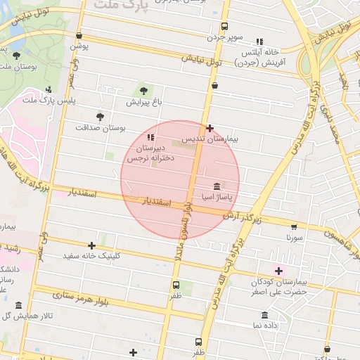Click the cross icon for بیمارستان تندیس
210,128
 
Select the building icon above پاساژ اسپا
216,188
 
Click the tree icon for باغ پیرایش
144,91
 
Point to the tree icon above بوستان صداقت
100,117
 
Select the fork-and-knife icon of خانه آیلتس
259,41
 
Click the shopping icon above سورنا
294,226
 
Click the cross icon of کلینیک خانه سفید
91,245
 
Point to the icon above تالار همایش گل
18,305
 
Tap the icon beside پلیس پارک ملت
48,89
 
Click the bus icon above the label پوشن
79,35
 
